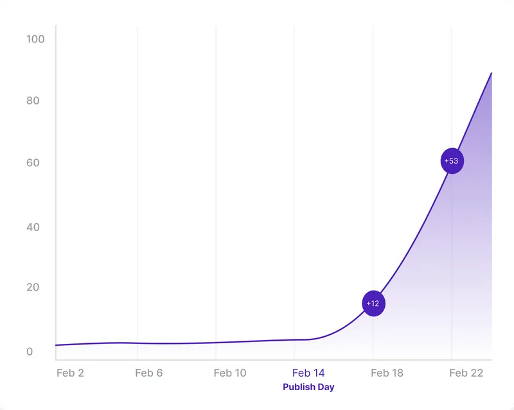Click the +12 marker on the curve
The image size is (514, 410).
click(x=373, y=303)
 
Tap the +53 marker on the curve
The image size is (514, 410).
click(x=452, y=160)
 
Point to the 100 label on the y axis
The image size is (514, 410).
click(x=35, y=39)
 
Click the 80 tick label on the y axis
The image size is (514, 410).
click(x=33, y=101)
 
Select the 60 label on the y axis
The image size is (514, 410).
click(x=33, y=163)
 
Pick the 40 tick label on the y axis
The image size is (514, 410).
click(x=33, y=227)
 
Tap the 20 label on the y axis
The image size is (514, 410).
click(x=33, y=287)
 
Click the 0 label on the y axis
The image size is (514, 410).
click(x=30, y=352)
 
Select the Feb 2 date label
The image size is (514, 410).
click(x=70, y=373)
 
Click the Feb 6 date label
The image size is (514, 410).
click(x=149, y=373)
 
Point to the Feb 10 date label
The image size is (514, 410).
click(x=230, y=373)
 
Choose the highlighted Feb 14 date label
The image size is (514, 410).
click(x=308, y=373)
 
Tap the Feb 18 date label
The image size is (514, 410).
click(x=387, y=373)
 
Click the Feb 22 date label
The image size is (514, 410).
click(x=466, y=373)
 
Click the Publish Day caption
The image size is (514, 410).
click(x=308, y=387)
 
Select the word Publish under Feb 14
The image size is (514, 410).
click(x=299, y=387)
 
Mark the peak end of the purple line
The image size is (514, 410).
click(x=492, y=73)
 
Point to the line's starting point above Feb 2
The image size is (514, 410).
click(x=57, y=345)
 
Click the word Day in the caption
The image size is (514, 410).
click(x=326, y=387)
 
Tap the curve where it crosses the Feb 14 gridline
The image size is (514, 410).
click(x=294, y=339)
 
